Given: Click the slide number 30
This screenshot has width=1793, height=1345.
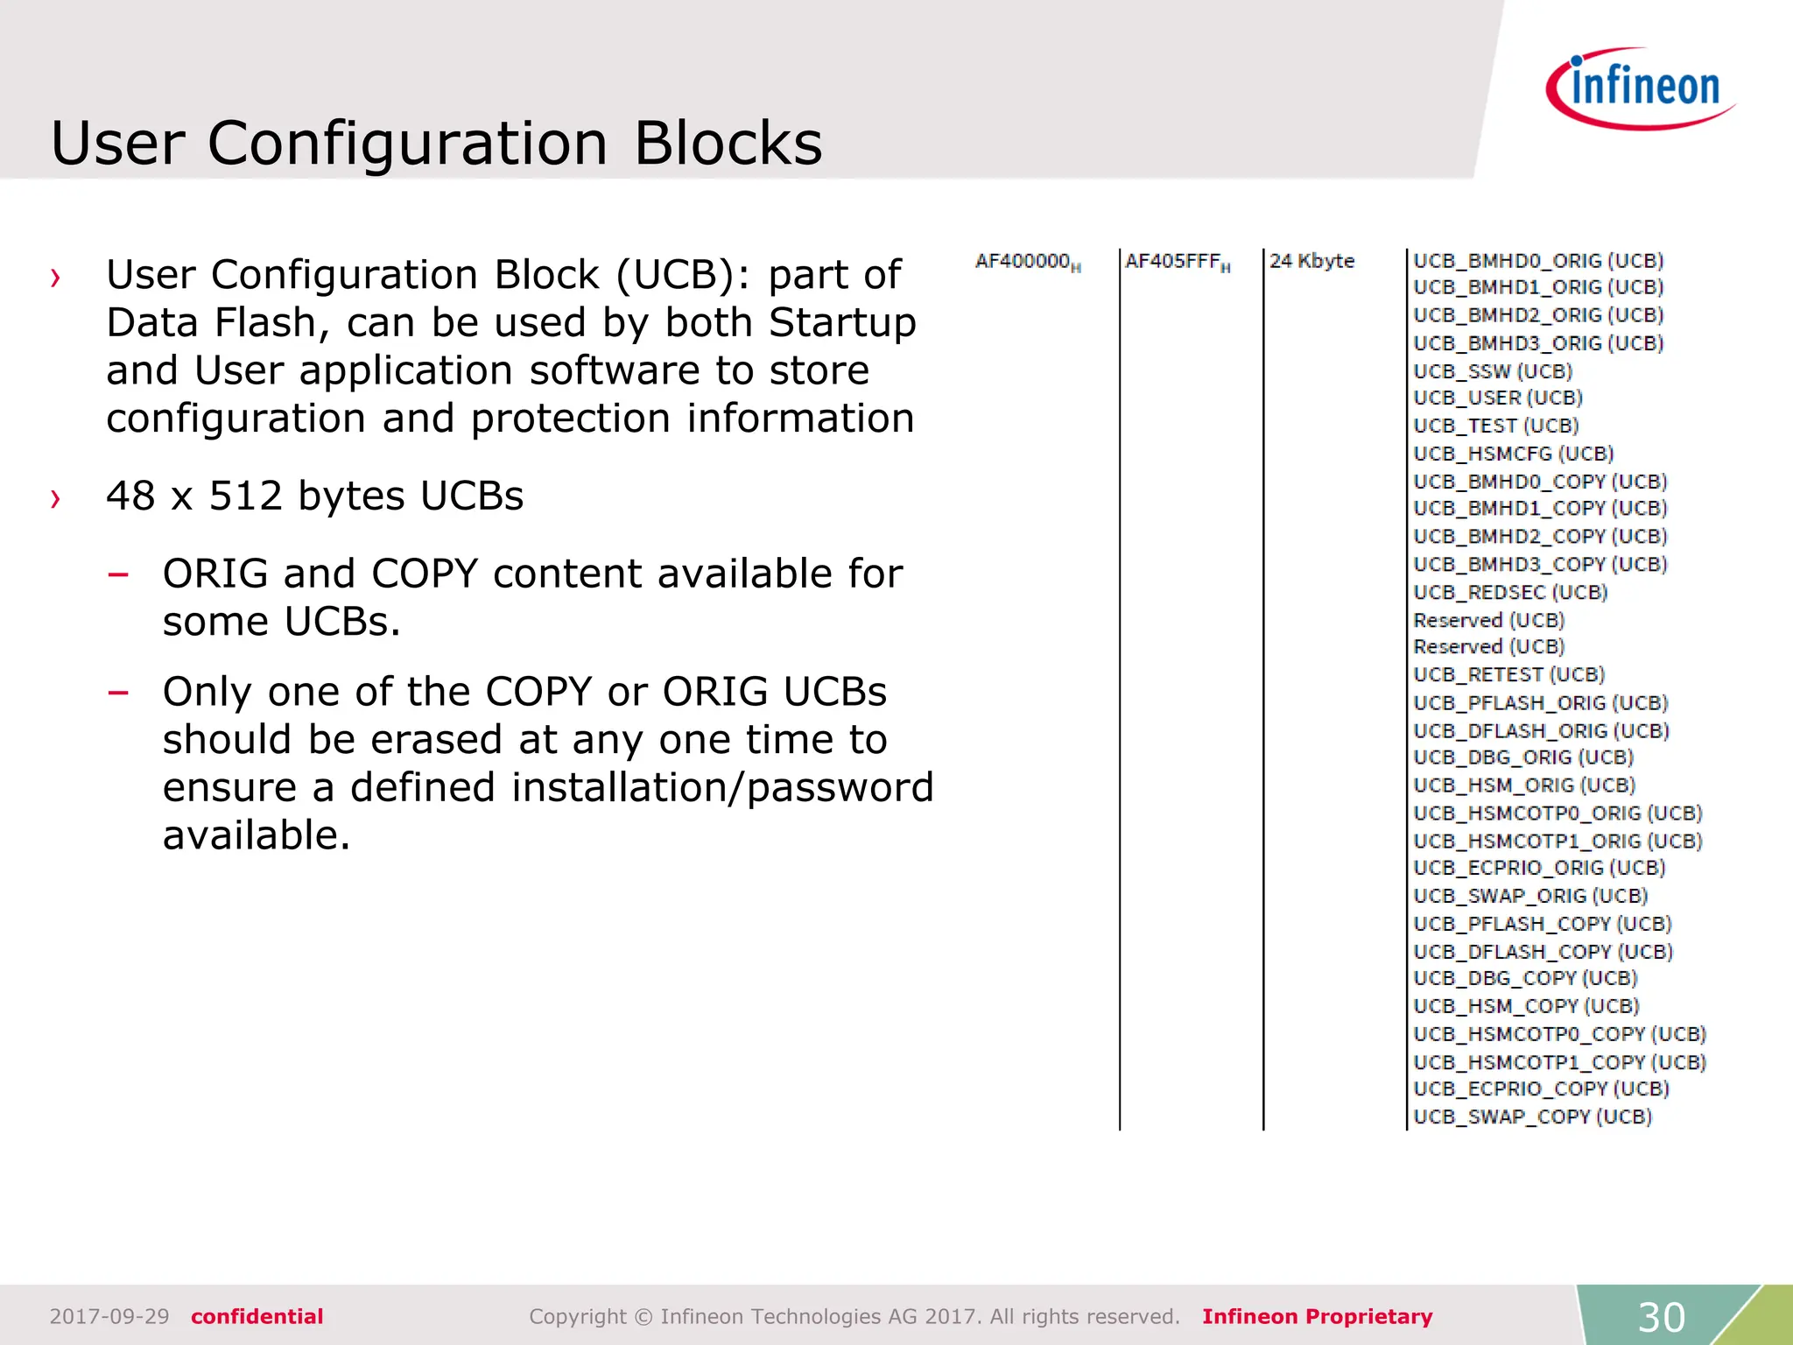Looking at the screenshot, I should (1661, 1317).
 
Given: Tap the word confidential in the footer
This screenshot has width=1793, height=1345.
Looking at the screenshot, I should (257, 1316).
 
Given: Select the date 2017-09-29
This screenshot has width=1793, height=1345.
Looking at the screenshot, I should (109, 1316).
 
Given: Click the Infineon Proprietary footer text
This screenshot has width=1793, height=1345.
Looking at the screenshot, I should (1317, 1316).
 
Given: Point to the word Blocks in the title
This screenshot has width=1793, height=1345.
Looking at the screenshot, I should (728, 143).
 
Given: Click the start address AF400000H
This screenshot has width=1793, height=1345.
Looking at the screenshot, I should (1027, 262).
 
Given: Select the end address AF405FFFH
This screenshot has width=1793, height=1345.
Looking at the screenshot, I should (1177, 262).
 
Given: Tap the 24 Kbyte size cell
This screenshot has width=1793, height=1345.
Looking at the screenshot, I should (1311, 261).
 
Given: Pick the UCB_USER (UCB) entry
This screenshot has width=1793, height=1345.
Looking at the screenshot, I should (1498, 398).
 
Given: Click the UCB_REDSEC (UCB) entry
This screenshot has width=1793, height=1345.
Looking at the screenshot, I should (1510, 593).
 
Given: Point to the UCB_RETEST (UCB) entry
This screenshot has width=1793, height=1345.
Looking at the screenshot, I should (1508, 675).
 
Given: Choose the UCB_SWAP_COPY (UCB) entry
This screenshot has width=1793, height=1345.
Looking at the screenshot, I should (1532, 1117).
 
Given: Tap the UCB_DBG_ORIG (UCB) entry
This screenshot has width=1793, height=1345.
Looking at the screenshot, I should (1523, 757).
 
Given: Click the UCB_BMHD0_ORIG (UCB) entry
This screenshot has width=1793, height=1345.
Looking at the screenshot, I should (1538, 261).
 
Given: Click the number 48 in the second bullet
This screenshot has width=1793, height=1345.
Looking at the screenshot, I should (131, 496).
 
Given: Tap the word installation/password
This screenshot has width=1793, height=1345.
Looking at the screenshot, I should (722, 787).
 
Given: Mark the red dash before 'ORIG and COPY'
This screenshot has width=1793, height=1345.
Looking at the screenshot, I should (118, 575).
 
